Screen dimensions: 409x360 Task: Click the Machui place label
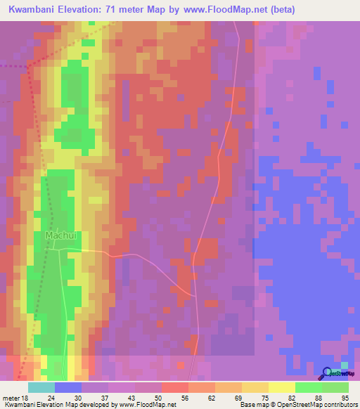pyautogui.click(x=60, y=235)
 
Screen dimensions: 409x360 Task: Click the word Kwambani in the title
pyautogui.click(x=34, y=9)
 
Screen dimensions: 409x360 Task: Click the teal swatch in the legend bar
pyautogui.click(x=41, y=387)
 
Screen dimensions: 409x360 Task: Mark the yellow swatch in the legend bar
pyautogui.click(x=282, y=387)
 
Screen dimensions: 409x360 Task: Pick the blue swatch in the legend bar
pyautogui.click(x=68, y=387)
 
